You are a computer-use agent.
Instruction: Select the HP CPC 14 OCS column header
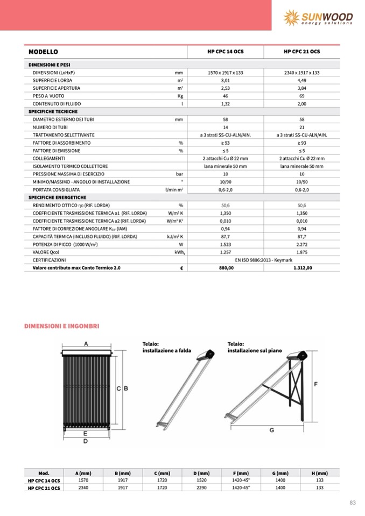coord(225,52)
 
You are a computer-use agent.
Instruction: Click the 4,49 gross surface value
coord(301,80)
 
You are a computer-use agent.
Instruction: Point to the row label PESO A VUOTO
coord(48,95)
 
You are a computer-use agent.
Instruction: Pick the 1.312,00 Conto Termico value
coord(301,267)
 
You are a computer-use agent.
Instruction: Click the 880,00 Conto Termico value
coord(225,267)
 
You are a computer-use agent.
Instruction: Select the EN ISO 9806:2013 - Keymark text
coord(263,259)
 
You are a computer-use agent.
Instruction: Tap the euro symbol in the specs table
coord(181,267)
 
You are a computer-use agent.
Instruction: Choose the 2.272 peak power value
coord(301,244)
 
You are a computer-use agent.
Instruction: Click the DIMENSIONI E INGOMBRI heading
coord(62,326)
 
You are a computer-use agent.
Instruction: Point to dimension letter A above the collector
coord(86,344)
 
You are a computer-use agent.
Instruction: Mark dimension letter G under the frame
coord(271,430)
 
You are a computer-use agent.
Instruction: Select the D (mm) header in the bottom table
coord(200,472)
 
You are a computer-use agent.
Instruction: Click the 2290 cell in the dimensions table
coord(200,487)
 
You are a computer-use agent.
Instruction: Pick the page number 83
coord(353,503)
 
